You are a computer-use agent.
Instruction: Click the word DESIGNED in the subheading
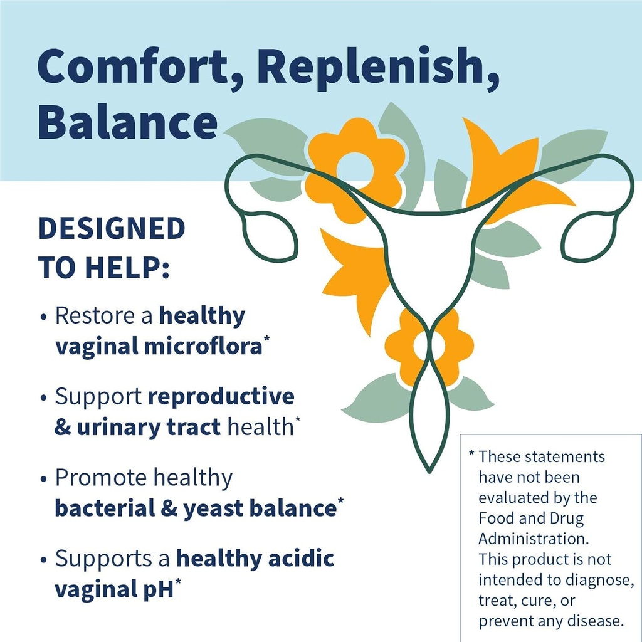coord(112,229)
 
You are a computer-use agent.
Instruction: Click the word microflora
coord(203,345)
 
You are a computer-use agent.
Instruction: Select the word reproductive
coord(221,396)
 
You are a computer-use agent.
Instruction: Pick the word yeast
coord(212,508)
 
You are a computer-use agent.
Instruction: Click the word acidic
coord(299,558)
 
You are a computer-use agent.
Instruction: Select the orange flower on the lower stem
coord(429,345)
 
